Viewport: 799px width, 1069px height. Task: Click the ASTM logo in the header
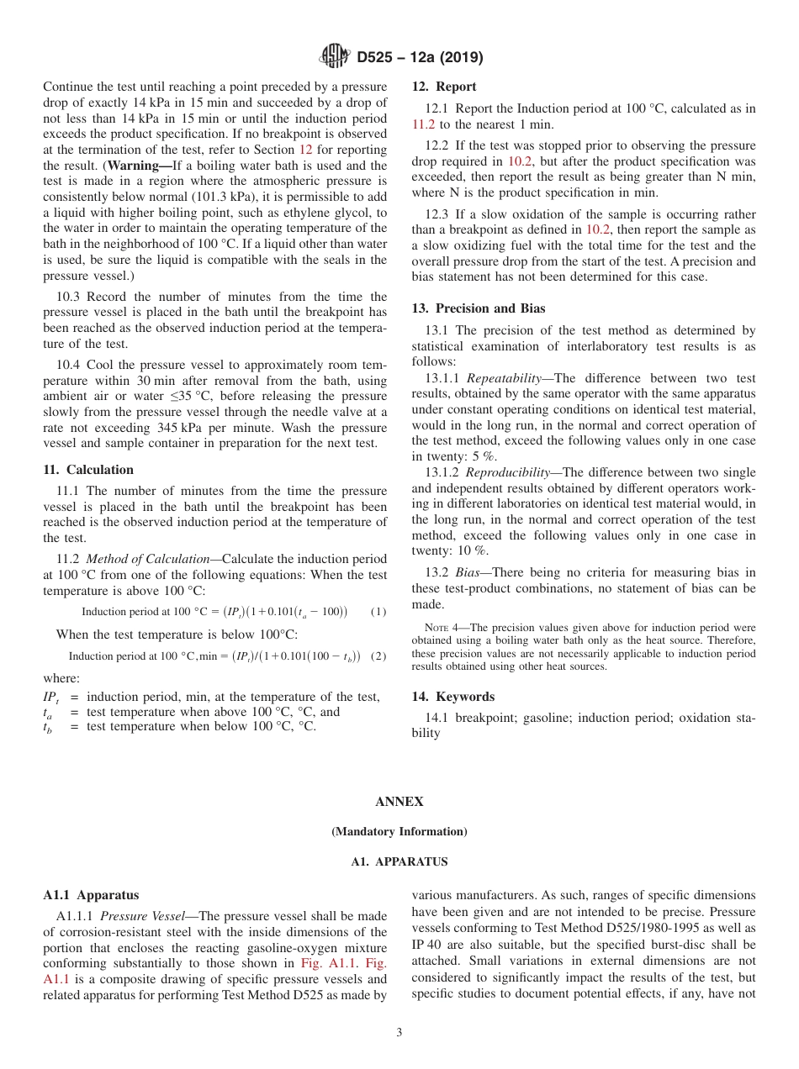point(335,57)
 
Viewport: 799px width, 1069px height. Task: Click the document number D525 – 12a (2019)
point(420,58)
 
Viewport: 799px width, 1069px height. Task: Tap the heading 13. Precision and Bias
point(478,308)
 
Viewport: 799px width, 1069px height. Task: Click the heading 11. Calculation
point(88,470)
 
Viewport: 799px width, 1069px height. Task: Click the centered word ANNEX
point(399,802)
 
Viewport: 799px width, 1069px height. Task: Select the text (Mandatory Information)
point(399,832)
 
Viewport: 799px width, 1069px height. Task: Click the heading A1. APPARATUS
point(399,861)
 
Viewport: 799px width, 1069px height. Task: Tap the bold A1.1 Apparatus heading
point(91,895)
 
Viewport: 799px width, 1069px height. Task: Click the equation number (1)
point(378,612)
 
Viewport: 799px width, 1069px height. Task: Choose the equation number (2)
point(378,656)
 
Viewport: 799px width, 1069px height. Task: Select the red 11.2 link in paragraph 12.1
point(423,124)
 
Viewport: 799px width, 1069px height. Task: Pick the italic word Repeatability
point(509,378)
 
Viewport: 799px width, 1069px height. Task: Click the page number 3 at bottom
point(399,1032)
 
